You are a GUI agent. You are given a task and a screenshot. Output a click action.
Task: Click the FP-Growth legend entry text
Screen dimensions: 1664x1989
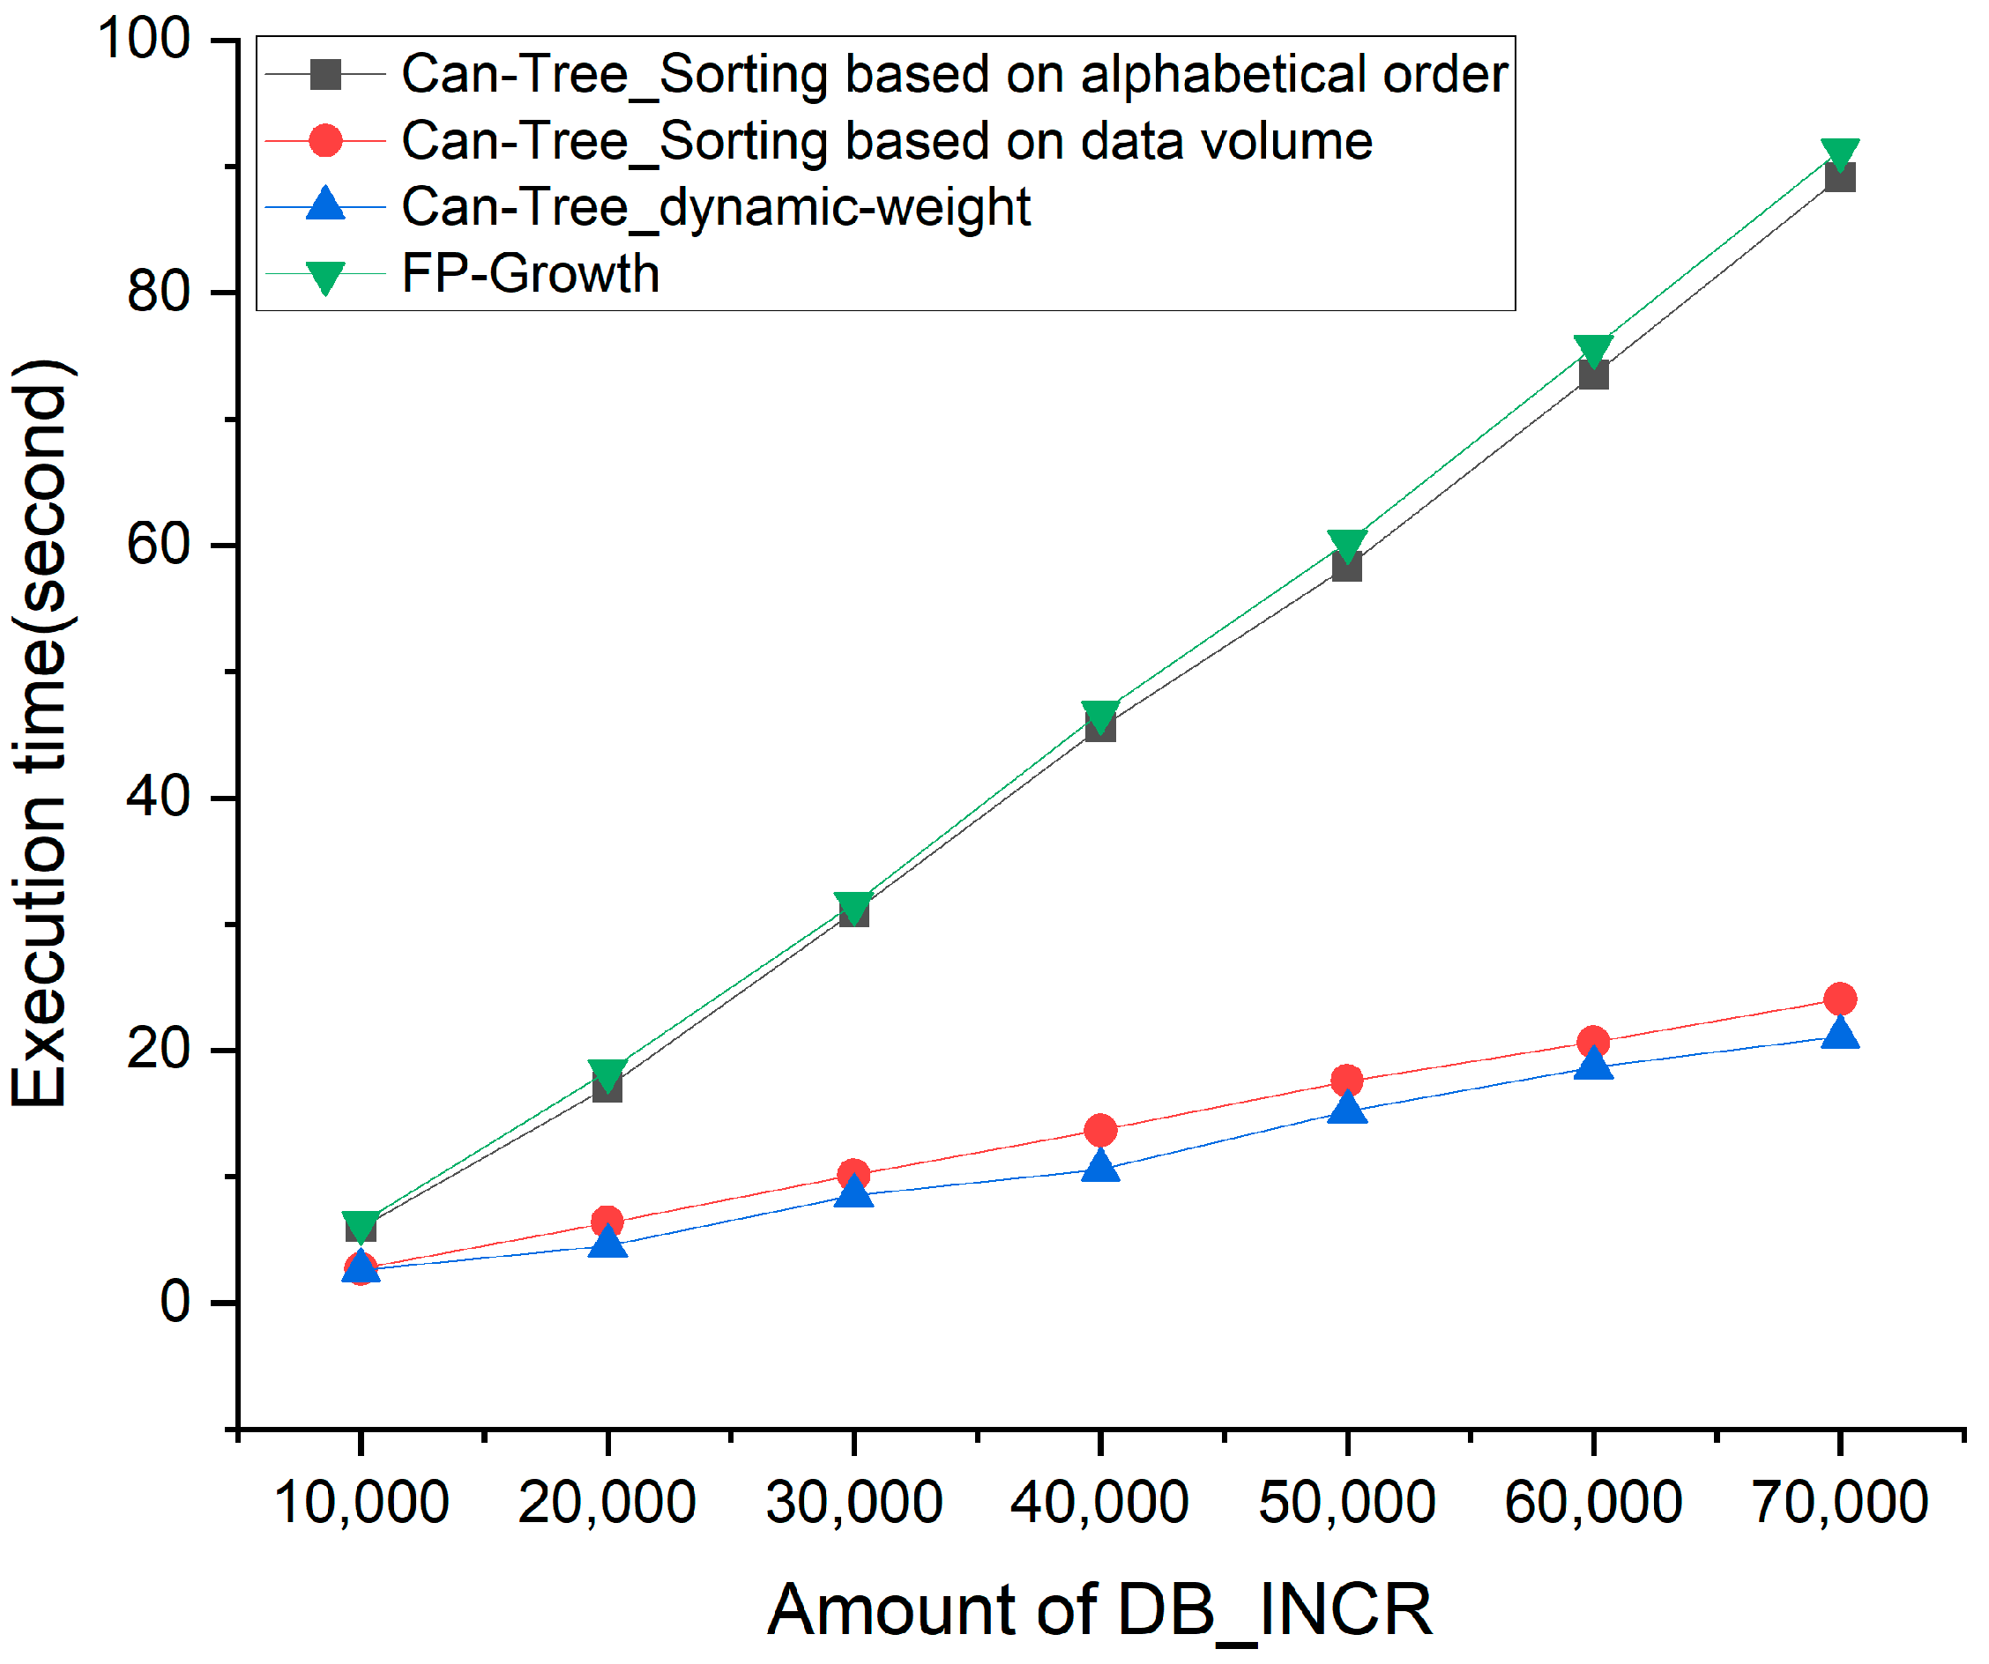point(531,275)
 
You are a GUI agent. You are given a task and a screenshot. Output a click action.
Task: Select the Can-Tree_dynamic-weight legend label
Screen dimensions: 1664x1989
point(716,207)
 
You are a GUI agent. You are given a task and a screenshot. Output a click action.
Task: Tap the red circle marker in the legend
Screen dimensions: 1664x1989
point(324,141)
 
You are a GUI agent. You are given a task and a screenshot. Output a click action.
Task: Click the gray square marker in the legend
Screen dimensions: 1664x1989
point(324,74)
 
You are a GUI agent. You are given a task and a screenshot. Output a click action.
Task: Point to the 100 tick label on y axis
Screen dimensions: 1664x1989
point(144,40)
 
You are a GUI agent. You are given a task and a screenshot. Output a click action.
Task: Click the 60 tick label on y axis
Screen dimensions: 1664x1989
point(158,546)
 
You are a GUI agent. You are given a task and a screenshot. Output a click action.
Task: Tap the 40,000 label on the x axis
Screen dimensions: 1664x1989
point(1099,1503)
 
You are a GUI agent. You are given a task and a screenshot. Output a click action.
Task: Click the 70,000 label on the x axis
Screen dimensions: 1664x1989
point(1839,1503)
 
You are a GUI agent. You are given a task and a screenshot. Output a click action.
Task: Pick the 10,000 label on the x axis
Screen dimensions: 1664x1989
point(361,1503)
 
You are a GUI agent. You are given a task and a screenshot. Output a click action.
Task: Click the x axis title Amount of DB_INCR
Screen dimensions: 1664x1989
point(1099,1610)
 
